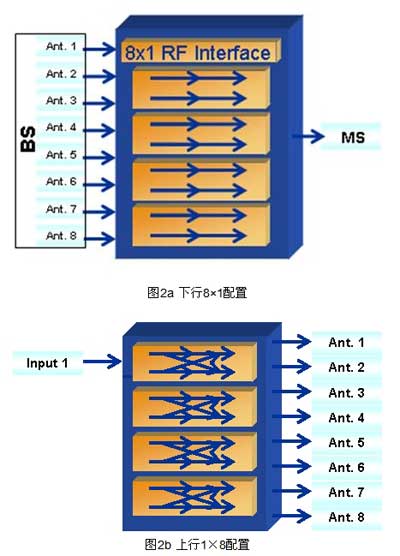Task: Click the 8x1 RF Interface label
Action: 198,53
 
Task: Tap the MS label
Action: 353,138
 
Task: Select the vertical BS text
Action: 28,139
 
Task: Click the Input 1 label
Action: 47,363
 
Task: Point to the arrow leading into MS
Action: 308,136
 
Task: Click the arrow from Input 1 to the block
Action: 102,362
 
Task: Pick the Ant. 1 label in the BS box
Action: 61,46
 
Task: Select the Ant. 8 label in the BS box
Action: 61,235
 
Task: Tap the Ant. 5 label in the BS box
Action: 61,155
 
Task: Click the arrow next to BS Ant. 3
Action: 99,103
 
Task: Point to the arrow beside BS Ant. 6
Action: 99,184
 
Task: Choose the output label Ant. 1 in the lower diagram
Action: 346,343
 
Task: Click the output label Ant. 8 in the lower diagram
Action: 346,517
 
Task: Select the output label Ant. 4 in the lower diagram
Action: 346,418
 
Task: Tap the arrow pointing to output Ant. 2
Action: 291,367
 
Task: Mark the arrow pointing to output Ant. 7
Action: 291,491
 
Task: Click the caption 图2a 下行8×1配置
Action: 197,293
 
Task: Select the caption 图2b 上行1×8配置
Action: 197,544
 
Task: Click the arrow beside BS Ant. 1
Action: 99,49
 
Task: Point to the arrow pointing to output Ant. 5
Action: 291,441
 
